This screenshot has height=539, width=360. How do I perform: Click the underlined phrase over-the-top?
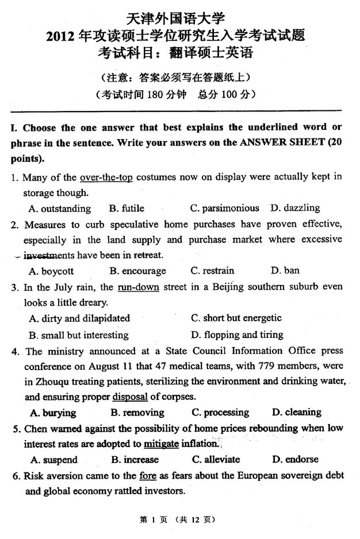[106, 177]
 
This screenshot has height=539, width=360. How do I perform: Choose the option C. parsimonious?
[225, 208]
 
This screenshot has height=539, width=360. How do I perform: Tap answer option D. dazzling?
[295, 208]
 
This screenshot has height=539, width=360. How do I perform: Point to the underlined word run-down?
[138, 286]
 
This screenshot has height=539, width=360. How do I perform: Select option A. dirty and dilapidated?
[79, 318]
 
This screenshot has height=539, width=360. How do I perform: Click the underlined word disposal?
[129, 396]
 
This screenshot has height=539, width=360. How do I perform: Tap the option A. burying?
[52, 412]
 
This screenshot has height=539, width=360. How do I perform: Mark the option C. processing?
[221, 412]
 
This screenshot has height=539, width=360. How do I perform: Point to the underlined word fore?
[147, 475]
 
